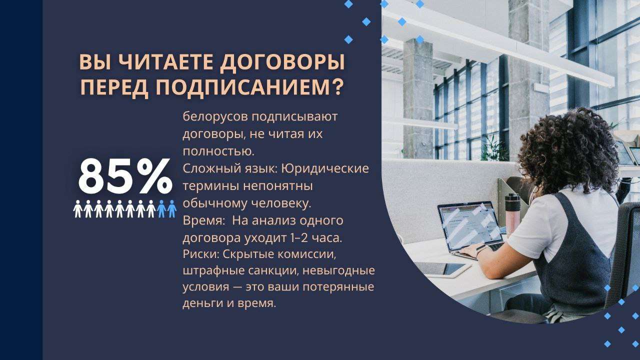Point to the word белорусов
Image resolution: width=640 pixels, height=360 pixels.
(215, 116)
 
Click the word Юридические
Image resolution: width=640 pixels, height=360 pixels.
(325, 168)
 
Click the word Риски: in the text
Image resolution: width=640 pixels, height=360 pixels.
(201, 254)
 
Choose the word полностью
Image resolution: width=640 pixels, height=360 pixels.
(218, 151)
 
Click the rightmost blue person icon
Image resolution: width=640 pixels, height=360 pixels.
(171, 209)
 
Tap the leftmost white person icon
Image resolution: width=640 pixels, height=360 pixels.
(77, 209)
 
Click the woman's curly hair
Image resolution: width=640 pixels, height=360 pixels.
(567, 150)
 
